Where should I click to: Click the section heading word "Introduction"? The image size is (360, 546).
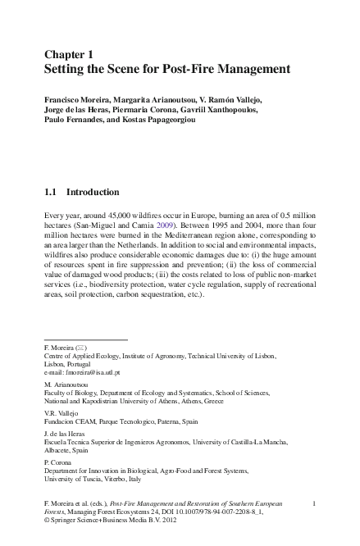[x=93, y=193]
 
